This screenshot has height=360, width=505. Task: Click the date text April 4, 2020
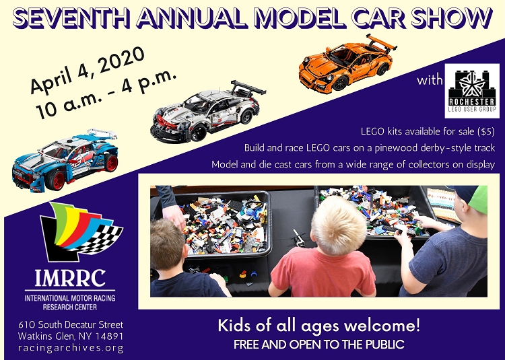click(88, 71)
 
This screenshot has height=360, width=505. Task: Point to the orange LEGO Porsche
click(347, 64)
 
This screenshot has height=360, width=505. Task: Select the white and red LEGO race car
click(208, 111)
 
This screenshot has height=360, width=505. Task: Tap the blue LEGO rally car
click(65, 160)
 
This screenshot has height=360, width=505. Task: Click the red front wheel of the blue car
click(55, 180)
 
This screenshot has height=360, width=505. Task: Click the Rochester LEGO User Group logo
click(472, 91)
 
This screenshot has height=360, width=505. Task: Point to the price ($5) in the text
click(486, 131)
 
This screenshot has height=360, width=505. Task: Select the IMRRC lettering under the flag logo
click(70, 279)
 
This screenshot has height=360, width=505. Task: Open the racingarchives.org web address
click(71, 349)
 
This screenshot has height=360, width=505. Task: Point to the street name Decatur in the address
click(74, 324)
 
